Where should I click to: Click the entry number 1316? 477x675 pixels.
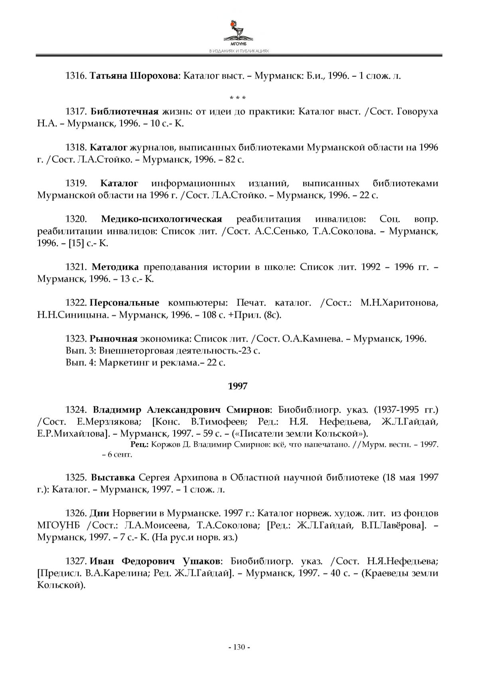[76, 76]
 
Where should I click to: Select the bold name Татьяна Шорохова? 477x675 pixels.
[134, 76]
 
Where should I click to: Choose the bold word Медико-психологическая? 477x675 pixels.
[162, 219]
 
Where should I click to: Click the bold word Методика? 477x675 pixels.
[115, 267]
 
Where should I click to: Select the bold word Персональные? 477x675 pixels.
[124, 303]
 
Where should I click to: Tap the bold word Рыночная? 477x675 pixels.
[113, 339]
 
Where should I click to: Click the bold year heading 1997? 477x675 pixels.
[238, 386]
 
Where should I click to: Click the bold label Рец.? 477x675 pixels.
[140, 444]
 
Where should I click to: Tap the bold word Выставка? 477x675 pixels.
[113, 478]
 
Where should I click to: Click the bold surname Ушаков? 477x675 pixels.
[201, 561]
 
